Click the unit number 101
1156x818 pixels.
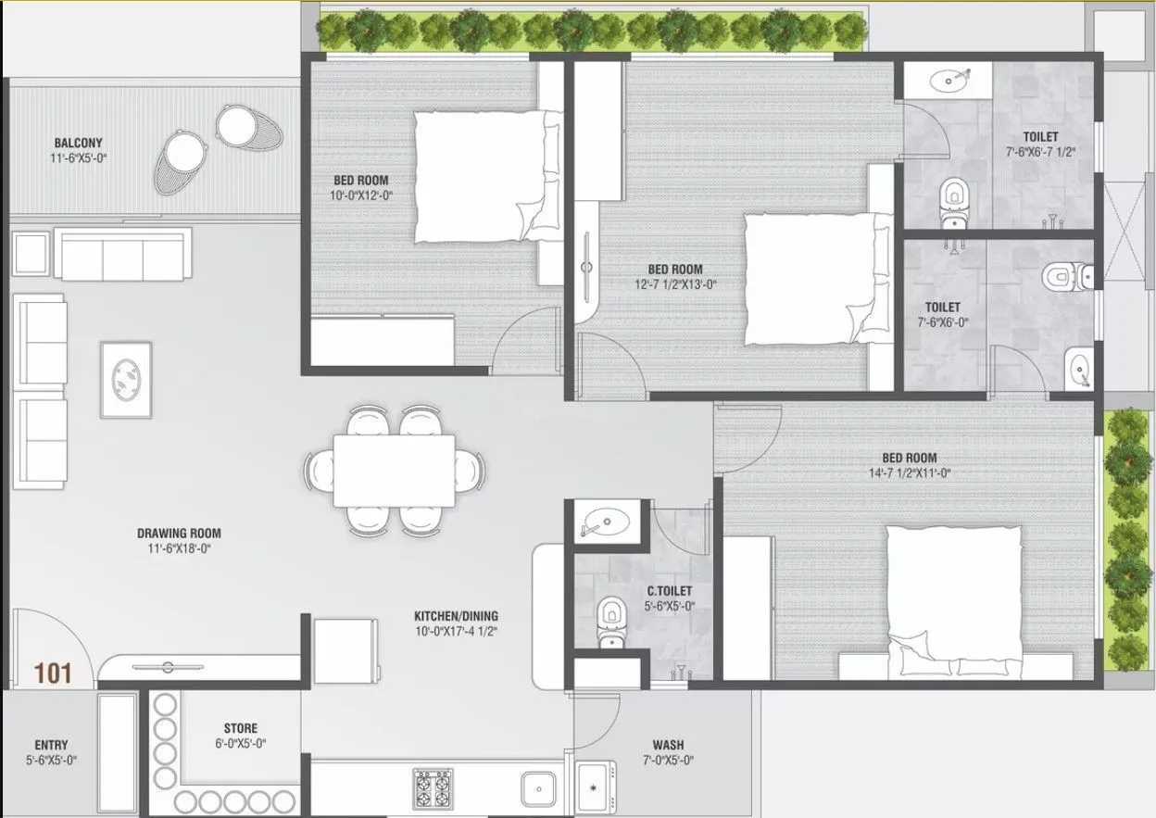click(54, 673)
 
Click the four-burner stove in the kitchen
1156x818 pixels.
click(432, 788)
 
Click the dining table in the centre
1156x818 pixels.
click(394, 471)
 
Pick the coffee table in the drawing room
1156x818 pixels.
click(126, 379)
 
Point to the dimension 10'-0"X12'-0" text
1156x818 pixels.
click(360, 195)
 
